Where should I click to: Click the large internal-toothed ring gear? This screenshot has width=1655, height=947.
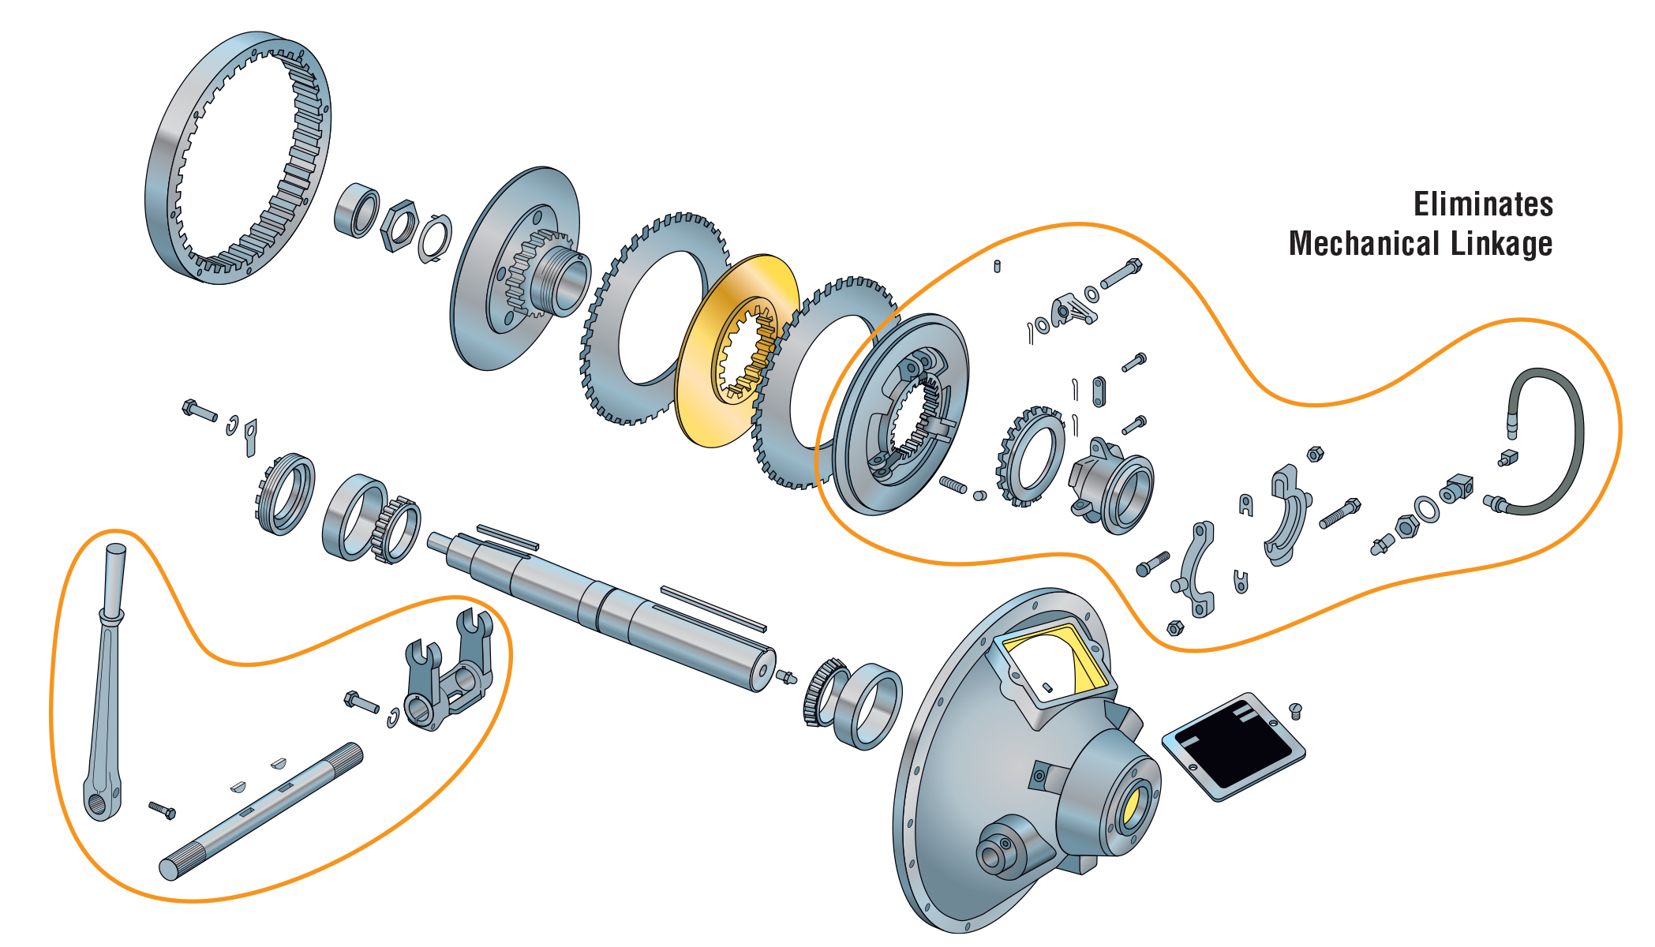click(237, 158)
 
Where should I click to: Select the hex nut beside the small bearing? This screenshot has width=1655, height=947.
click(399, 226)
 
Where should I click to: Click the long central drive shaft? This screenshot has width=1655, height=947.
click(600, 608)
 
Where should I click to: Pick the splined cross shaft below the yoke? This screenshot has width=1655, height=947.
click(260, 813)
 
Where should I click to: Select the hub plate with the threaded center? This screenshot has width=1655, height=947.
click(517, 268)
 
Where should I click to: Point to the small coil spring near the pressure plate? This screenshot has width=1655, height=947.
click(953, 485)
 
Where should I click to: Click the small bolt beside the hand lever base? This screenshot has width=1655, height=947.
click(162, 810)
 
